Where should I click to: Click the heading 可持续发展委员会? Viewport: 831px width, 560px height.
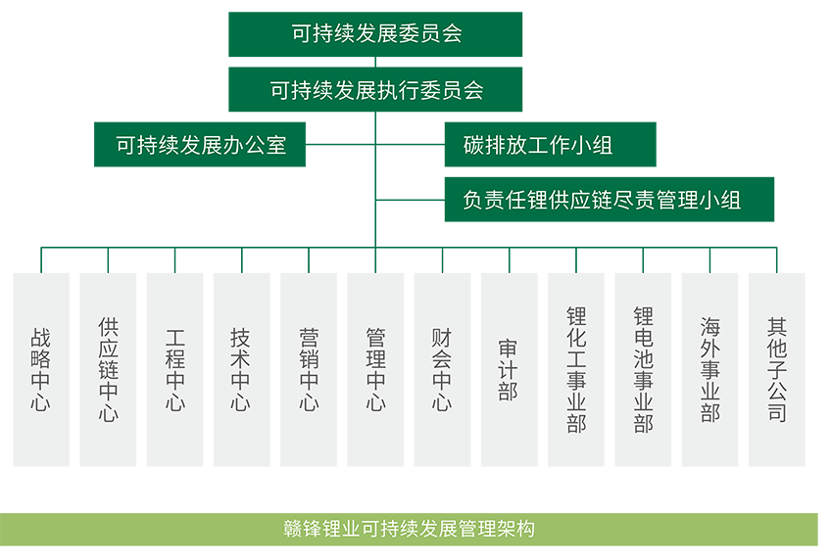click(x=376, y=34)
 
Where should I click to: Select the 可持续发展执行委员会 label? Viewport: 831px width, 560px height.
click(x=376, y=91)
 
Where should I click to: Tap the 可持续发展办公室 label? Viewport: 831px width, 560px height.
click(x=201, y=146)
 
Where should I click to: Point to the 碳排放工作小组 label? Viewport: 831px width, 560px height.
click(x=538, y=146)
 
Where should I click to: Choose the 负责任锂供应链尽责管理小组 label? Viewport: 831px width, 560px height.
click(x=601, y=201)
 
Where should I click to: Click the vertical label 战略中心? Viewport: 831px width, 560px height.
click(x=41, y=369)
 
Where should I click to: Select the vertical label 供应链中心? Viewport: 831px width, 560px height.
click(x=108, y=369)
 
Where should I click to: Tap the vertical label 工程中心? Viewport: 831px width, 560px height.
click(x=174, y=369)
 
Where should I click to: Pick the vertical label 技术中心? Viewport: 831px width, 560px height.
click(x=241, y=369)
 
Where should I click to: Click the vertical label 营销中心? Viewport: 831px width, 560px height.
click(x=309, y=369)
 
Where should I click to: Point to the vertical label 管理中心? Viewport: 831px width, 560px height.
click(x=375, y=369)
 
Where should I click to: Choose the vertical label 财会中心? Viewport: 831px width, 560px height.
click(x=442, y=369)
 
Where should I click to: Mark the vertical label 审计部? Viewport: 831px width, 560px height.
click(x=509, y=369)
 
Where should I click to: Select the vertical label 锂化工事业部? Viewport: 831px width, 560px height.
click(x=576, y=369)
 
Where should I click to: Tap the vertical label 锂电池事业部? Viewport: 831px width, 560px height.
click(x=643, y=369)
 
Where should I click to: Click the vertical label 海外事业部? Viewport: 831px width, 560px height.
click(x=709, y=369)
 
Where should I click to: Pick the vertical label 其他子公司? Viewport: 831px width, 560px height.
click(x=777, y=369)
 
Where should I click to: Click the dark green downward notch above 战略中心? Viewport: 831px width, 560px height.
click(x=41, y=265)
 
